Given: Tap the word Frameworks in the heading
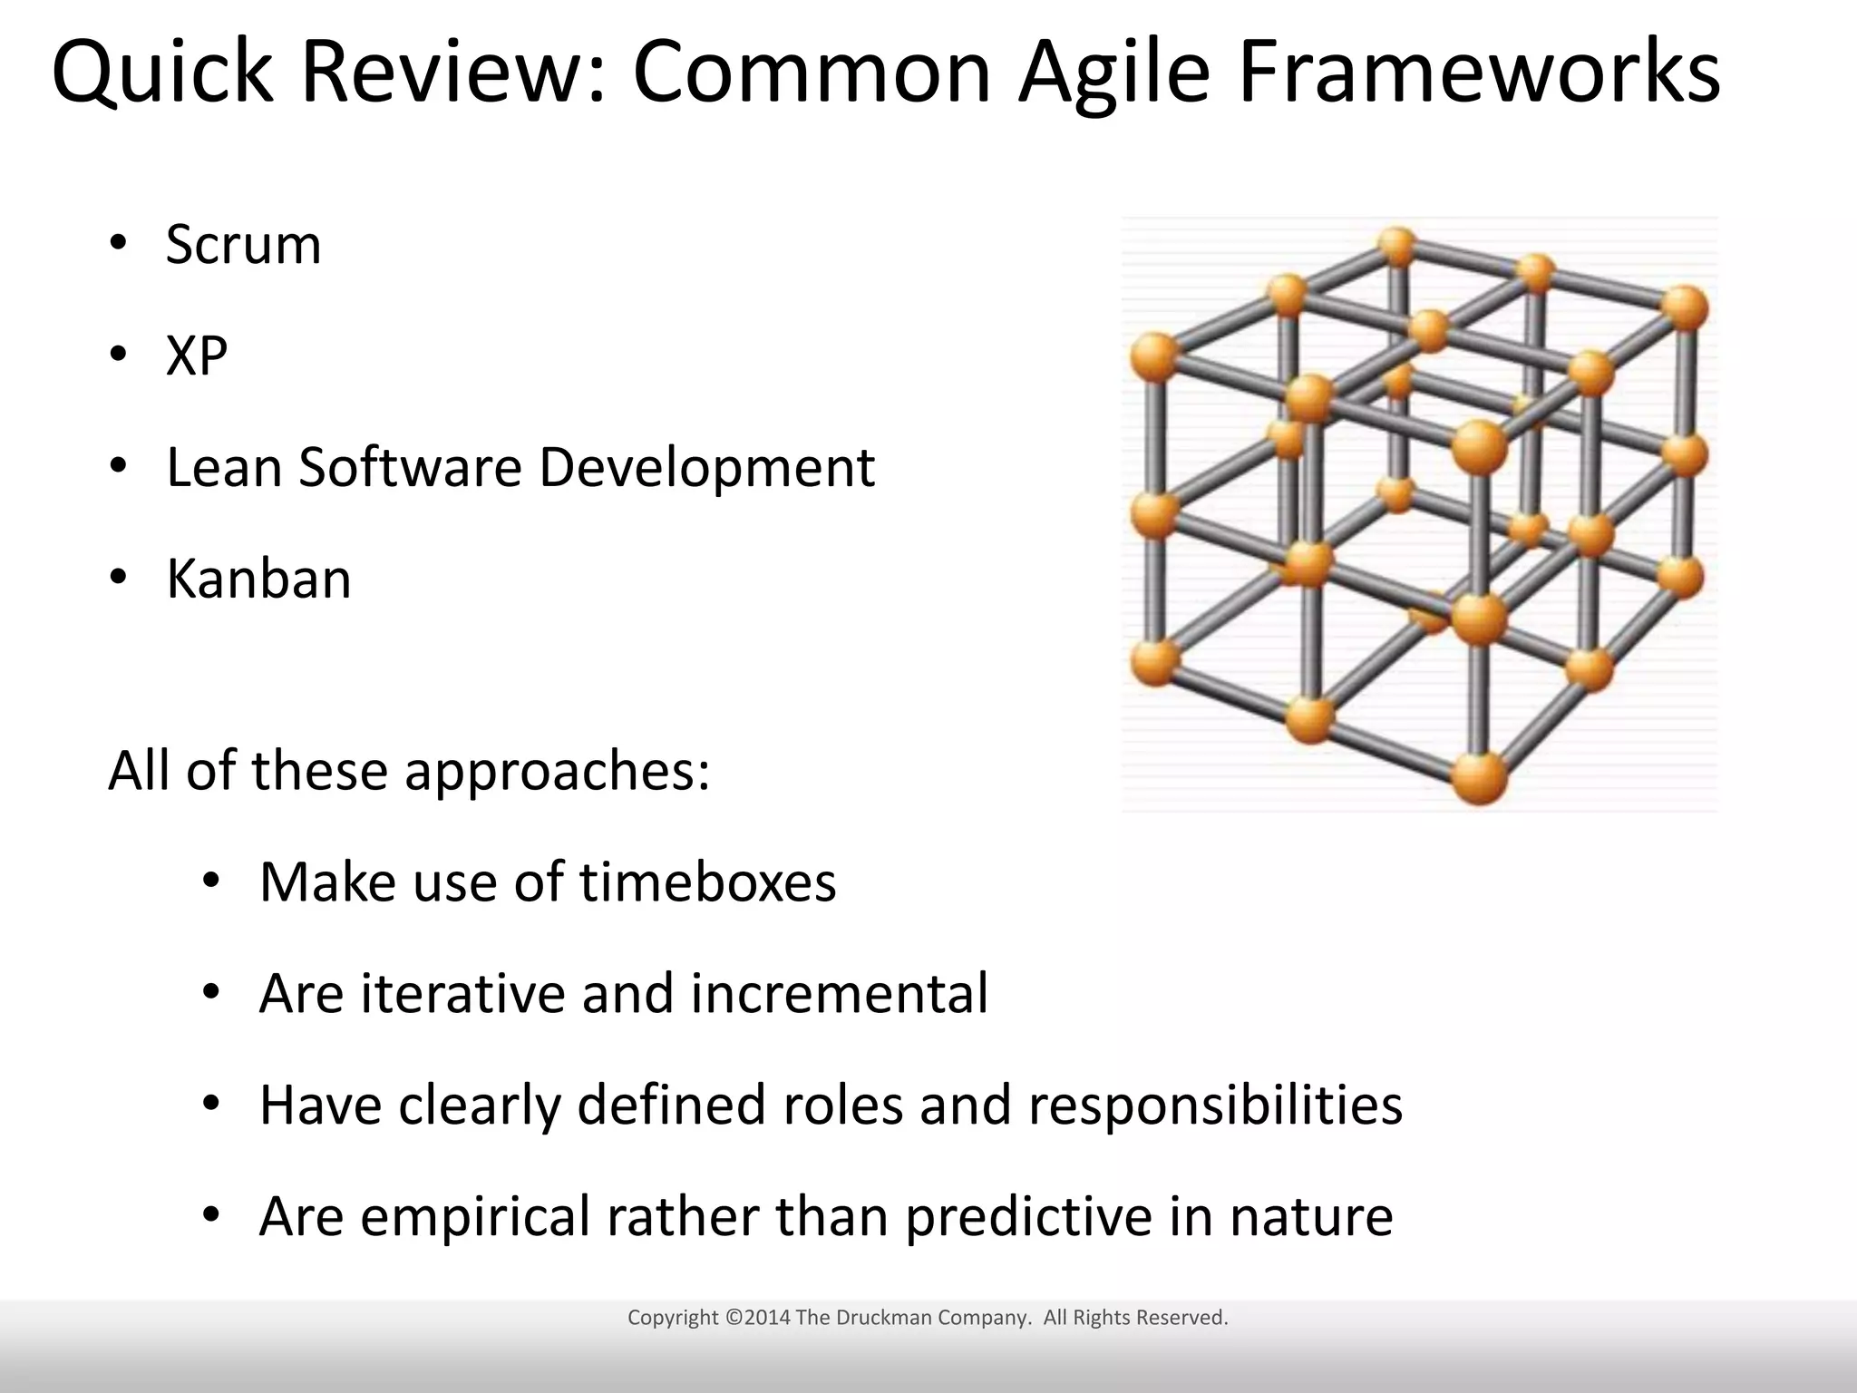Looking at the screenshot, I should pyautogui.click(x=1478, y=73).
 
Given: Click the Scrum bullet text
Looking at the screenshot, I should pyautogui.click(x=243, y=245).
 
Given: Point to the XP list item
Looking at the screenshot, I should pyautogui.click(x=196, y=356).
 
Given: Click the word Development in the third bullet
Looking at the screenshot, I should pyautogui.click(x=706, y=470).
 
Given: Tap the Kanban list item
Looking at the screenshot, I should pyautogui.click(x=258, y=579).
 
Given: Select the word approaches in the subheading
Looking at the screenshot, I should pyautogui.click(x=556, y=773).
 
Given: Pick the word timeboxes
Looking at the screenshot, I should pyautogui.click(x=707, y=882).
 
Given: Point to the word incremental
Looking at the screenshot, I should pyautogui.click(x=839, y=993).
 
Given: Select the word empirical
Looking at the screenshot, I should pyautogui.click(x=475, y=1217).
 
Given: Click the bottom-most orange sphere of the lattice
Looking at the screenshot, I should pyautogui.click(x=1479, y=777).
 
